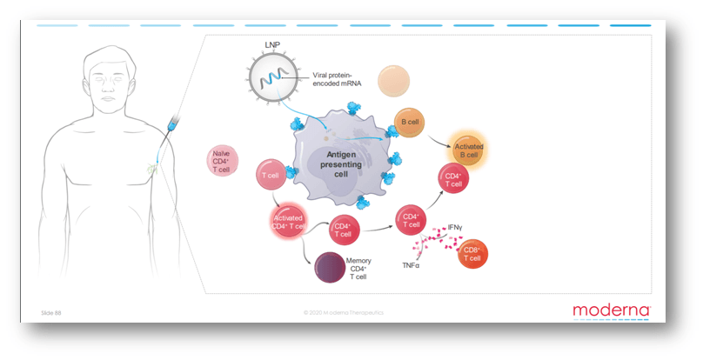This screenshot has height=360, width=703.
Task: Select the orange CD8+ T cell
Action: pos(472,254)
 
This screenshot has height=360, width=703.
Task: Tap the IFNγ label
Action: pos(453,227)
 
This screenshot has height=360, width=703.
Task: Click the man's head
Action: pos(109,82)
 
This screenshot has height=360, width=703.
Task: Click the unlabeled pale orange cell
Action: pos(393,81)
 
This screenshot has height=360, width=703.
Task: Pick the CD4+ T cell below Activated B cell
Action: pos(454,179)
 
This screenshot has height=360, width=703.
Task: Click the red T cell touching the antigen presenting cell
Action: pos(270,176)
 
